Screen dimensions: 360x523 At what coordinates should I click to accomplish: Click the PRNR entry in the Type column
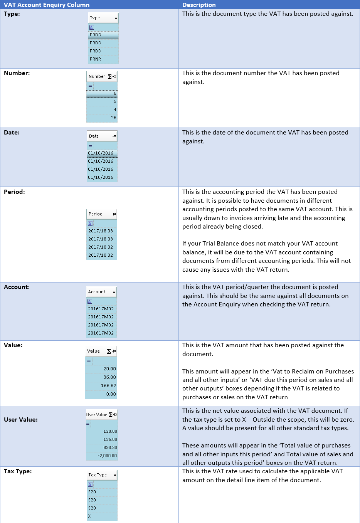(x=96, y=59)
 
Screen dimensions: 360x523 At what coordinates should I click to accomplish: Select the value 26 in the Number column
(x=113, y=118)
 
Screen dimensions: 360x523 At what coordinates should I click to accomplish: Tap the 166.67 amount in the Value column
(x=108, y=386)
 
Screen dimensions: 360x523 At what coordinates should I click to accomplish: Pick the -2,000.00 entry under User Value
(x=107, y=456)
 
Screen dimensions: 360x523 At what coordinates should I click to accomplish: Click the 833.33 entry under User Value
(x=110, y=447)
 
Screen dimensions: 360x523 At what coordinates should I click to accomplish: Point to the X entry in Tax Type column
(x=90, y=516)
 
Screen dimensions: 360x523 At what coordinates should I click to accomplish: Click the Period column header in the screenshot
(x=96, y=214)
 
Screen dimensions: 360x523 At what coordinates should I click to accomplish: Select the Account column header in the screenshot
(x=97, y=292)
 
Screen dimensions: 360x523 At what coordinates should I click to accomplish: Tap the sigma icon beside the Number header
(x=109, y=77)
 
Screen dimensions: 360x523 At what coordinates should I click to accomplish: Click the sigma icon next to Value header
(x=109, y=351)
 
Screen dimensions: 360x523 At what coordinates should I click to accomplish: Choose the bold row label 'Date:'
(x=12, y=133)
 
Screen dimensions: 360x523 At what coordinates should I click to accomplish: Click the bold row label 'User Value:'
(x=21, y=420)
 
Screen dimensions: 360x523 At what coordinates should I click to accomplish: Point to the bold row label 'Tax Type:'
(x=18, y=471)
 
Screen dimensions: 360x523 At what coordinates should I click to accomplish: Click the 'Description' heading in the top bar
(x=199, y=5)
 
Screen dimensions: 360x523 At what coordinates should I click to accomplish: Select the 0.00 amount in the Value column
(x=111, y=394)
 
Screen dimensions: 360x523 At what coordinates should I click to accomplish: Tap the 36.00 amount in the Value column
(x=109, y=377)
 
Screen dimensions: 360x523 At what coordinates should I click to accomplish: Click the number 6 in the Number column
(x=115, y=94)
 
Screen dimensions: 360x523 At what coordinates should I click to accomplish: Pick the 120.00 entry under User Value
(x=110, y=431)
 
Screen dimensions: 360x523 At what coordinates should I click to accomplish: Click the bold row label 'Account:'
(x=17, y=287)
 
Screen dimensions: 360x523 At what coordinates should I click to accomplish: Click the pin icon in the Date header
(x=114, y=136)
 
